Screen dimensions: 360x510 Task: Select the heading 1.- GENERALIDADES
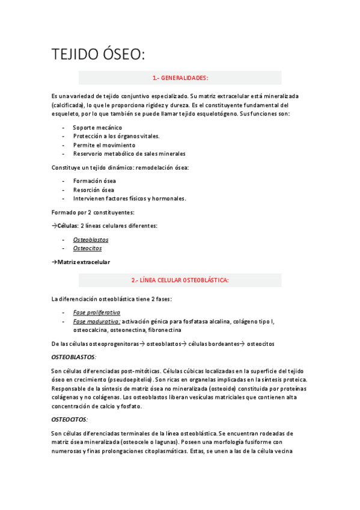click(180, 78)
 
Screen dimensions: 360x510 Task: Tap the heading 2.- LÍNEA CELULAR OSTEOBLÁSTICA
click(180, 280)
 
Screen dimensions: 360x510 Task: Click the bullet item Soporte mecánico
click(97, 127)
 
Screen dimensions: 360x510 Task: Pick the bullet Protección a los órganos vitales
click(117, 136)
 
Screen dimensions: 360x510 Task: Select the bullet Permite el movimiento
click(104, 145)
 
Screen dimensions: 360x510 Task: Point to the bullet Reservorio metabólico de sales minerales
click(129, 153)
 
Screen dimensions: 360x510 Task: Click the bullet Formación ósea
click(94, 180)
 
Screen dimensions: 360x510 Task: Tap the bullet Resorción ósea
click(93, 189)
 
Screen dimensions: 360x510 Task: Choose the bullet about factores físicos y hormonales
click(129, 198)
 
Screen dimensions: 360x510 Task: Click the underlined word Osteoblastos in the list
click(91, 239)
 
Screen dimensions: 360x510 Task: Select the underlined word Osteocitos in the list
click(87, 248)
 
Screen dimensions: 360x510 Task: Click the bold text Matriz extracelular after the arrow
click(84, 262)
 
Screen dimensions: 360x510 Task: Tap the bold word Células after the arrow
click(67, 226)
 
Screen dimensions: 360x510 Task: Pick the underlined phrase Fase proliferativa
click(96, 312)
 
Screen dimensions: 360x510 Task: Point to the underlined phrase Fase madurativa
click(96, 321)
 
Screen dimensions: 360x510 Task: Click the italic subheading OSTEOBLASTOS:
click(71, 357)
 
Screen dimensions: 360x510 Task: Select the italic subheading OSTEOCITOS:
click(69, 419)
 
